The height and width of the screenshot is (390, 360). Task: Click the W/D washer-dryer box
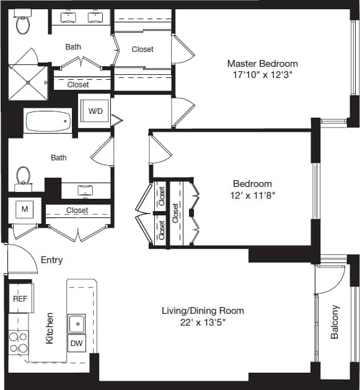point(95,111)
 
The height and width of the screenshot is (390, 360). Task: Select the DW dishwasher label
point(77,342)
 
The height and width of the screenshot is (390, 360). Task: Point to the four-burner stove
point(18,342)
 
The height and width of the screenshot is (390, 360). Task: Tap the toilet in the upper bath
point(23,24)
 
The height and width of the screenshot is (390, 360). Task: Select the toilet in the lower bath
point(23,175)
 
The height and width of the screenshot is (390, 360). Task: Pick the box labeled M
point(25,210)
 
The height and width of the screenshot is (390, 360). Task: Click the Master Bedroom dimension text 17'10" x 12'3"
point(262,75)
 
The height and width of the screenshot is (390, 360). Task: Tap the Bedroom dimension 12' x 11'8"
point(252,194)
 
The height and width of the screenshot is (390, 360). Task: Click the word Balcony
point(335,321)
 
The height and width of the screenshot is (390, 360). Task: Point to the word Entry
point(51,260)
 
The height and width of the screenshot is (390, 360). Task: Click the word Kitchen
point(50,328)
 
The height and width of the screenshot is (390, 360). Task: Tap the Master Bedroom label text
point(262,63)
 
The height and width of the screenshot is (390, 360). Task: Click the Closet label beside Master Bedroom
point(143,49)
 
